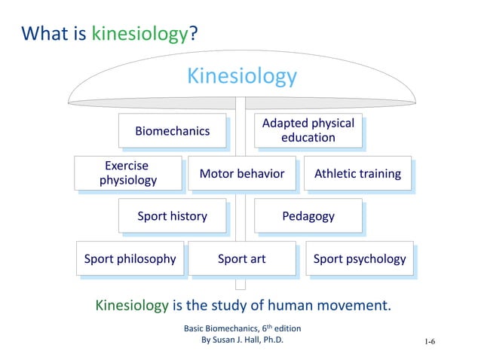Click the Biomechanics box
click(x=172, y=131)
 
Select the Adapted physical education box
click(x=308, y=130)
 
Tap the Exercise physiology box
click(x=127, y=173)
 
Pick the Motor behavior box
click(x=241, y=174)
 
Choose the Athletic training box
click(x=357, y=174)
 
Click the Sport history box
click(x=172, y=216)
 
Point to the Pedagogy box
click(x=308, y=216)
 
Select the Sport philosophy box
click(x=130, y=259)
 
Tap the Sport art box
click(x=241, y=259)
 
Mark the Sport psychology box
click(x=359, y=259)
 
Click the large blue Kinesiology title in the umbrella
click(x=241, y=77)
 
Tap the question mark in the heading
click(x=193, y=33)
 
